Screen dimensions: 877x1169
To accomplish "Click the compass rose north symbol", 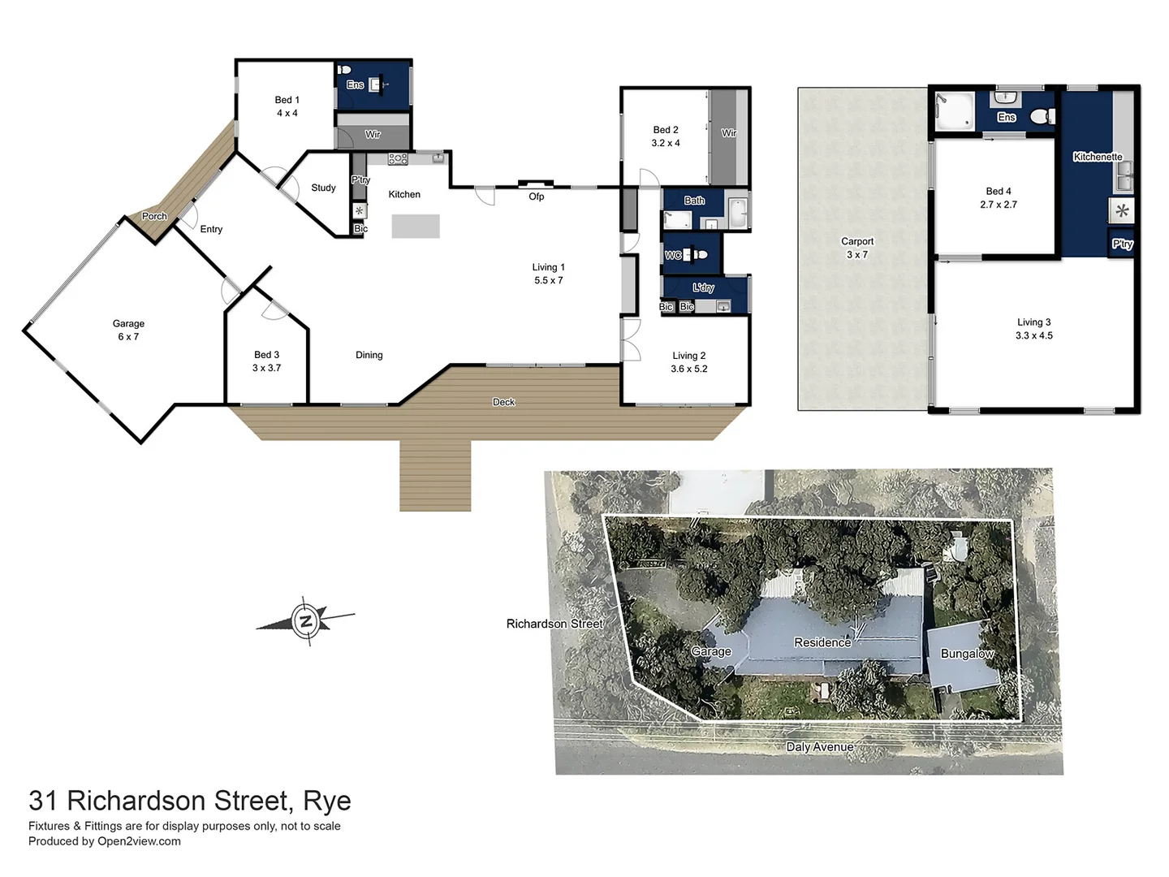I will coord(305,622).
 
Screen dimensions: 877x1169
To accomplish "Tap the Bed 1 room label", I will coord(287,100).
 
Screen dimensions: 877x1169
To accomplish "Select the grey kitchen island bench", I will coord(416,226).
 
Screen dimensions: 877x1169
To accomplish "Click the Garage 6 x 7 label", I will coord(128,330).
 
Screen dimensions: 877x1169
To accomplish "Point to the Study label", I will coord(323,188).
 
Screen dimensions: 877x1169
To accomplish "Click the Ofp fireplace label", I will coord(536,197).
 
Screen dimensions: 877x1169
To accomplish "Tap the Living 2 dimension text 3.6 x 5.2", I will coord(688,369).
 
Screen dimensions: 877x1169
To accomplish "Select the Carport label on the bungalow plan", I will coord(857,241).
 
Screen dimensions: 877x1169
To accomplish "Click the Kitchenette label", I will coord(1098,157).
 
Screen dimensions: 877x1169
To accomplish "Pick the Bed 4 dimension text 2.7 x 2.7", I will coord(998,205).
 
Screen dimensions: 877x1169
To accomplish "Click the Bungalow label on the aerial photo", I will coord(966,654).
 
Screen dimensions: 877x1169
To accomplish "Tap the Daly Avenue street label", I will coord(819,747).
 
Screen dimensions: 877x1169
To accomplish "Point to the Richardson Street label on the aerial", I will coord(554,624).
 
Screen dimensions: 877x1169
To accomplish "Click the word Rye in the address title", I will coord(326,801).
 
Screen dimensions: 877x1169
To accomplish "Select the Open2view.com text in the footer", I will coord(139,841).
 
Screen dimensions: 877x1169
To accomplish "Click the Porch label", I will coord(154,216).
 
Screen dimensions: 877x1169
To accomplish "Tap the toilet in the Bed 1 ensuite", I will coord(344,71).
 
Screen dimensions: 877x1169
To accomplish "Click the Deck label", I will coord(503,402).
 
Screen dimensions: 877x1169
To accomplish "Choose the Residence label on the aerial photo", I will coord(822,642).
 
